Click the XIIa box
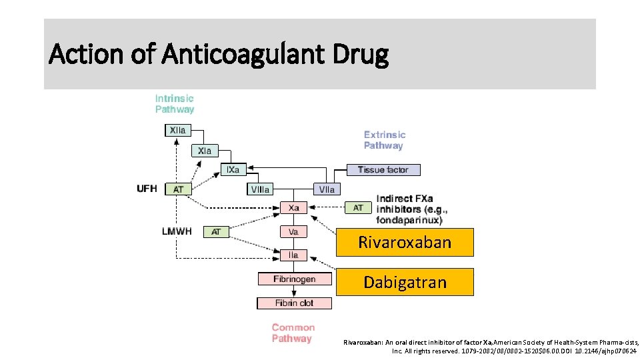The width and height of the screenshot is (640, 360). [177, 131]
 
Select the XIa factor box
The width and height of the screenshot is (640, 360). [205, 151]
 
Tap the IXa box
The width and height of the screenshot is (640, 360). [233, 170]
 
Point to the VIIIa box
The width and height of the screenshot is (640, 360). [260, 189]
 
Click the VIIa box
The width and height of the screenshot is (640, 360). [327, 189]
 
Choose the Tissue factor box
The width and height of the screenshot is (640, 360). [383, 170]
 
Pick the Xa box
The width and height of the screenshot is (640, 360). [293, 208]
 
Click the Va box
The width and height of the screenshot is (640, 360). [293, 232]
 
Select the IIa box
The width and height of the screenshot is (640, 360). [293, 255]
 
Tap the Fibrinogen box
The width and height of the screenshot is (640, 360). [294, 279]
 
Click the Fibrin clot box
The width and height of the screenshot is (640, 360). [294, 303]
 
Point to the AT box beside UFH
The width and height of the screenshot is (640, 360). [178, 189]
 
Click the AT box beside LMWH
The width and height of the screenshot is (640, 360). [215, 232]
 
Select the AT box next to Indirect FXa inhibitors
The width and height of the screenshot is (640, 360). [358, 208]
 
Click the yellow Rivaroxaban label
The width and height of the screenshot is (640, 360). [405, 242]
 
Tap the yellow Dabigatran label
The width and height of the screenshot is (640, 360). [405, 283]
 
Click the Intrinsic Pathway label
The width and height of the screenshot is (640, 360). [175, 104]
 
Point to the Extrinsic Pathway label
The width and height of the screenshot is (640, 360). [384, 140]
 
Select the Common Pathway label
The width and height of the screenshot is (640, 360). [293, 333]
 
